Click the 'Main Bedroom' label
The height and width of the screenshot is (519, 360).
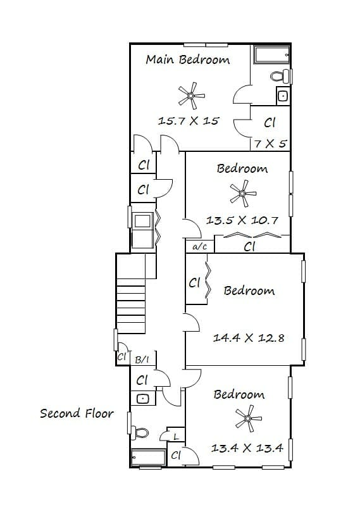(188, 59)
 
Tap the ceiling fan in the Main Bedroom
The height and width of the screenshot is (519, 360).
(191, 96)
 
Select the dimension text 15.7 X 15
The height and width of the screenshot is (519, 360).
(189, 120)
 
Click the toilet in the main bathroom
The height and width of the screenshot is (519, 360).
(280, 77)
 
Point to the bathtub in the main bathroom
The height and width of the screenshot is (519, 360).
(271, 54)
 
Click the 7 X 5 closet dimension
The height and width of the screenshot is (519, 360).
(270, 144)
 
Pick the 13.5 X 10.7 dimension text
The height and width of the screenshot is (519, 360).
(242, 220)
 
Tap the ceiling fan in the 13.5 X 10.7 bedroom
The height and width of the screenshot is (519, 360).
(243, 193)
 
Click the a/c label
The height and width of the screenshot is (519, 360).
(199, 247)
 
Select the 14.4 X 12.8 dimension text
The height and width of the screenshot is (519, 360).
(249, 338)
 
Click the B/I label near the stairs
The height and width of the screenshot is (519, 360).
(142, 360)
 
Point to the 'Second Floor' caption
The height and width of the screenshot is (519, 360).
(77, 413)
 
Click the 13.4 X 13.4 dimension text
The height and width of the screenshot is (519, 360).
(247, 448)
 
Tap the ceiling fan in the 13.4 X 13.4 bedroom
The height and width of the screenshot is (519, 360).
(249, 419)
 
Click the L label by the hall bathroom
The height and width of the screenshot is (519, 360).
(176, 436)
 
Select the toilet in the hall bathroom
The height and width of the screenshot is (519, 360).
(140, 433)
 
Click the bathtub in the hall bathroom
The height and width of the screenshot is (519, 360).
(148, 457)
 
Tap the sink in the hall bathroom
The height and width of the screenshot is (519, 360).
(143, 399)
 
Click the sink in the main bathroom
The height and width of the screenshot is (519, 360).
(283, 96)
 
